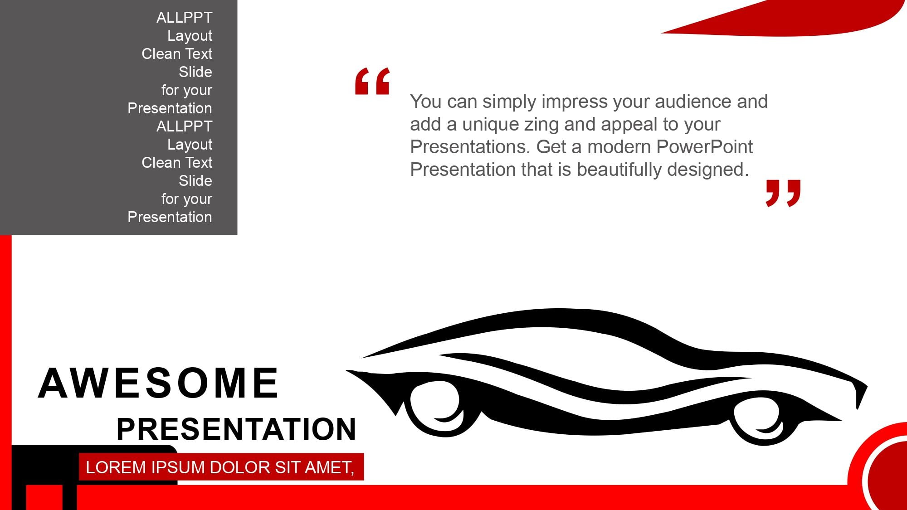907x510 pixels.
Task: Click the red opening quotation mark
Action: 372,81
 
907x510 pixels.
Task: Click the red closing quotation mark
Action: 783,193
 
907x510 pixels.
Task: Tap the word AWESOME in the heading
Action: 158,384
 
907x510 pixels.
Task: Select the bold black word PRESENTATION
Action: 236,429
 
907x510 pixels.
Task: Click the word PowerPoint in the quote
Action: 704,147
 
